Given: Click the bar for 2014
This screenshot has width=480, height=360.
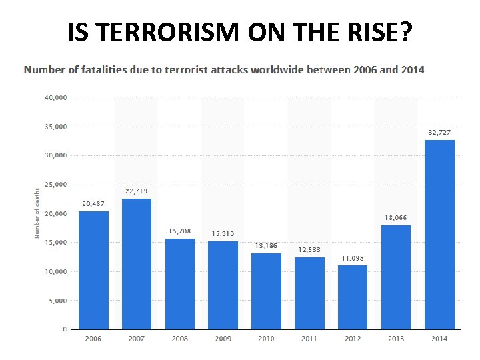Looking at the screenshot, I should pyautogui.click(x=439, y=235).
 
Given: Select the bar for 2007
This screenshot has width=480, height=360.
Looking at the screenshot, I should pyautogui.click(x=137, y=264).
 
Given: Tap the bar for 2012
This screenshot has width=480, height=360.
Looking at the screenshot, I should pyautogui.click(x=353, y=297).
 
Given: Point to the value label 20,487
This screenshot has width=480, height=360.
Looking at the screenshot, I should pyautogui.click(x=94, y=204).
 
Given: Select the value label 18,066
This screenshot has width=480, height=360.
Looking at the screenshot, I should pyautogui.click(x=395, y=218).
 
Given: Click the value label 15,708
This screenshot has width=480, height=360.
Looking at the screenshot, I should pyautogui.click(x=180, y=231).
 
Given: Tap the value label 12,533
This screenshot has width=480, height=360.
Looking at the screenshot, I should pyautogui.click(x=309, y=250).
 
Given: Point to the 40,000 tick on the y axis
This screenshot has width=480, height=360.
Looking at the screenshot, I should pyautogui.click(x=55, y=97).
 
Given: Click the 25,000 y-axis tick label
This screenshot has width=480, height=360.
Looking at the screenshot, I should pyautogui.click(x=55, y=185).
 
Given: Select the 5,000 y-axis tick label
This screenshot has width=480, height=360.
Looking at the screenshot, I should pyautogui.click(x=57, y=301).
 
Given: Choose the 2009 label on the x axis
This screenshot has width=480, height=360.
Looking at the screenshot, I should pyautogui.click(x=223, y=339).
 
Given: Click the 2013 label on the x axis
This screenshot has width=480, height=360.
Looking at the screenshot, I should pyautogui.click(x=396, y=339).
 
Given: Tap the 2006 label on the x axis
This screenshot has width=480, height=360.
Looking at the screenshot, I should pyautogui.click(x=93, y=339).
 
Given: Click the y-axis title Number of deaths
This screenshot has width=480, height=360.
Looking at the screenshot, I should pyautogui.click(x=37, y=213).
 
